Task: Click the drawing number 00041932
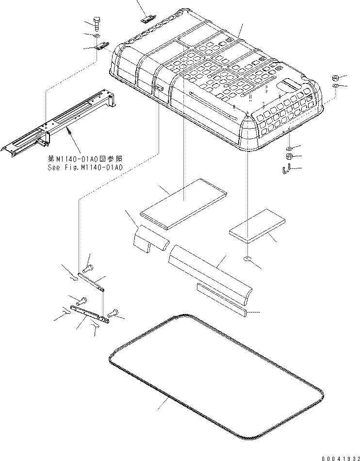(340, 459)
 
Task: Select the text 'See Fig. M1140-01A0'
(85, 168)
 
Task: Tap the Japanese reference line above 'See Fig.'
(85, 159)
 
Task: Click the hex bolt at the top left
(97, 23)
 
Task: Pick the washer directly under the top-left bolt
(97, 35)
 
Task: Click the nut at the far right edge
(335, 78)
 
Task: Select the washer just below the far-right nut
(335, 85)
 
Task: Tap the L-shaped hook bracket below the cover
(286, 169)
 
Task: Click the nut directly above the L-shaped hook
(288, 156)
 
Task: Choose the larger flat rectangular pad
(184, 203)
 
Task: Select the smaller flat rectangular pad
(257, 226)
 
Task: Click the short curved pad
(151, 239)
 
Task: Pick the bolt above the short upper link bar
(88, 268)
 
